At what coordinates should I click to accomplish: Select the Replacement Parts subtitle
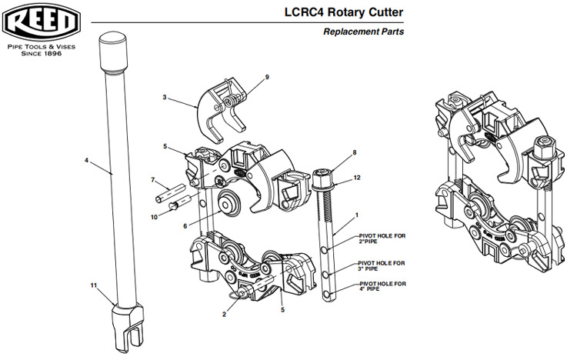coord(364,32)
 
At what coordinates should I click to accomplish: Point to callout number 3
coord(165,98)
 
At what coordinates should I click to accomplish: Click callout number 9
coord(267,78)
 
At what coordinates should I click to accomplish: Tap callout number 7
coord(153,180)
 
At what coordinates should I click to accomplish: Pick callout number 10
coord(154,218)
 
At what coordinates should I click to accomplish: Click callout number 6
coord(185,226)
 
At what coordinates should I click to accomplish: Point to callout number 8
coord(354,152)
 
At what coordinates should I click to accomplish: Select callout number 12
coord(357,178)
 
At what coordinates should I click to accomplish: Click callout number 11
coord(93,285)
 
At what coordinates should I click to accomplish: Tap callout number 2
coord(224,315)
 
